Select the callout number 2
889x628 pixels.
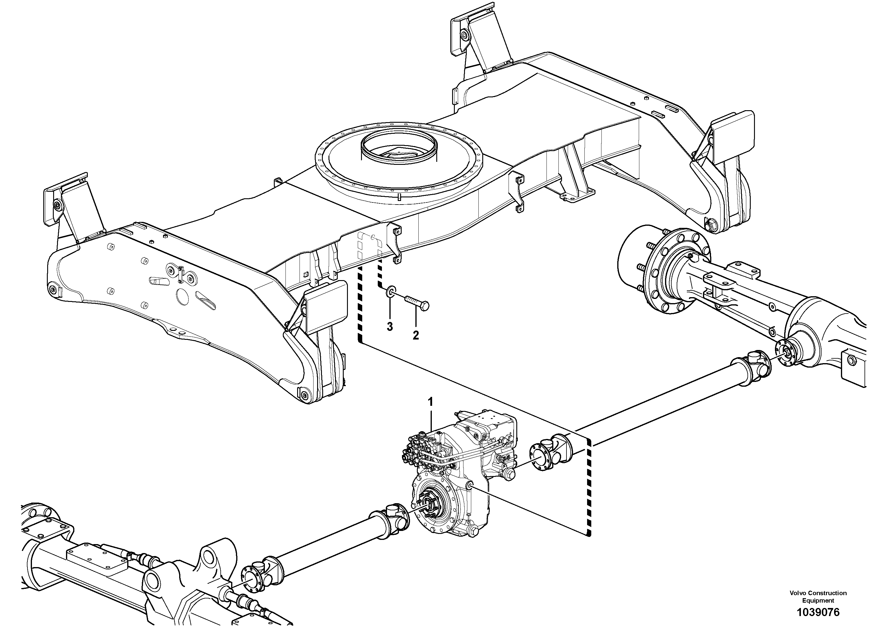click(415, 335)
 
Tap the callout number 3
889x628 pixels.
click(389, 327)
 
